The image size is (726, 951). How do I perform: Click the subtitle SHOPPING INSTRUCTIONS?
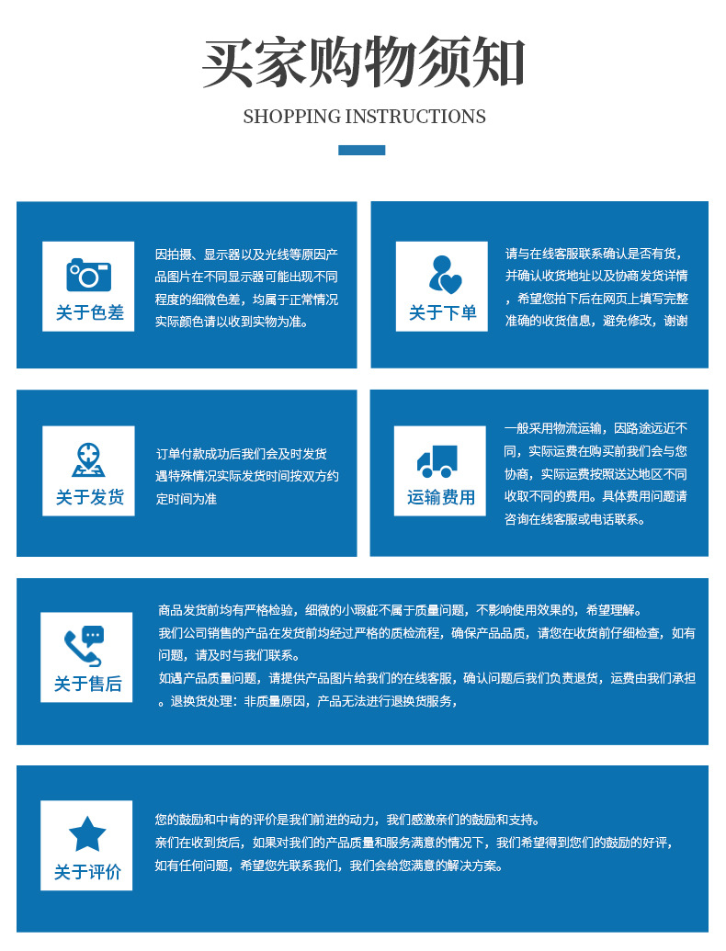pos(364,117)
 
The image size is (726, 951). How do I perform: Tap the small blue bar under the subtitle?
pos(361,150)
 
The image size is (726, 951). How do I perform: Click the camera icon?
pos(88,274)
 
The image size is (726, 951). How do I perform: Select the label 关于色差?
pos(89,312)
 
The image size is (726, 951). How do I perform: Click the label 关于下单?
pos(442,312)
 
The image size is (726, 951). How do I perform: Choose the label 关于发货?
pos(89,497)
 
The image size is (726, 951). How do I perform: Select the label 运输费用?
pos(441,497)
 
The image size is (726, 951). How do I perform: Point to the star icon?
pos(87,833)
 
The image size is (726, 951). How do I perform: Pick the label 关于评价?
pos(87,872)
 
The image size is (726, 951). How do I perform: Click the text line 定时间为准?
pos(187,499)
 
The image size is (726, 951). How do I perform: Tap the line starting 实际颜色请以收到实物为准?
pos(232,322)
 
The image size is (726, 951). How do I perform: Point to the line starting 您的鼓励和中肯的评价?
pos(348,820)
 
